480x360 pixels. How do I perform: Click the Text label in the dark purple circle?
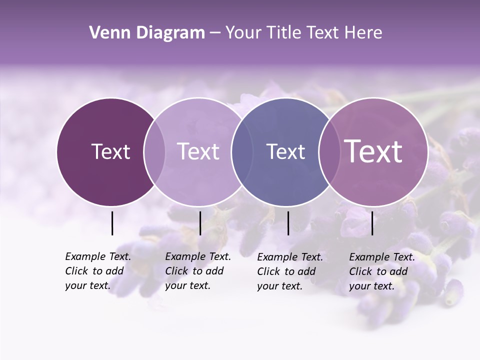[x=110, y=151]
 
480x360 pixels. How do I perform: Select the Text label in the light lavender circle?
[x=198, y=151]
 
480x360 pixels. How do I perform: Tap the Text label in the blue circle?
[x=285, y=151]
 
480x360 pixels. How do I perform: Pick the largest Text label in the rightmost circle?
[x=373, y=151]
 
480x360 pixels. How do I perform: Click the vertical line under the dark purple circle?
[x=112, y=223]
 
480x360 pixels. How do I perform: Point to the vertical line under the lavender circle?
[x=200, y=223]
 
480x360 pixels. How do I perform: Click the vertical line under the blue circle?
[x=288, y=223]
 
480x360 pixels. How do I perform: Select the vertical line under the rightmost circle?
[x=372, y=223]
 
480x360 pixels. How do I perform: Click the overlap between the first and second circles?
[x=154, y=151]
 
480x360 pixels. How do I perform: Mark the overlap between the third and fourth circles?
[x=329, y=151]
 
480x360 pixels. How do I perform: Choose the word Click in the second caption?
[x=176, y=271]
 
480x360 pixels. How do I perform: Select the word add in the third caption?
[x=307, y=271]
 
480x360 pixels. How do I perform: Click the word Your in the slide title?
[x=243, y=33]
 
